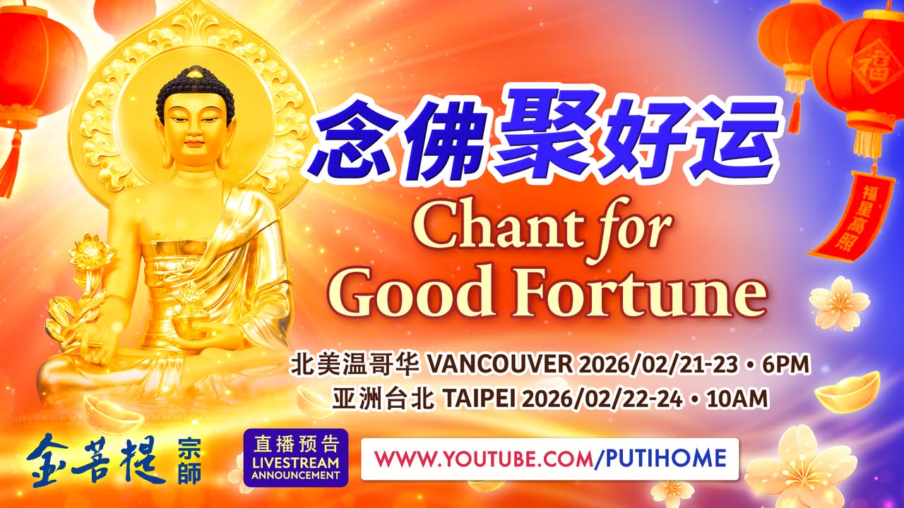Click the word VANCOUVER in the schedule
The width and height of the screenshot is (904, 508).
click(499, 365)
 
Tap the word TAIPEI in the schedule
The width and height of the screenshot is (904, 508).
click(479, 399)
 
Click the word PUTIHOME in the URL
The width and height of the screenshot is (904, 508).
click(662, 459)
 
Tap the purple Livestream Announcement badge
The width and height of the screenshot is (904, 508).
click(295, 458)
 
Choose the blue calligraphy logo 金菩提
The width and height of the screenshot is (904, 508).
click(96, 459)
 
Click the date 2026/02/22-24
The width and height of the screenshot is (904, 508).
click(601, 399)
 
